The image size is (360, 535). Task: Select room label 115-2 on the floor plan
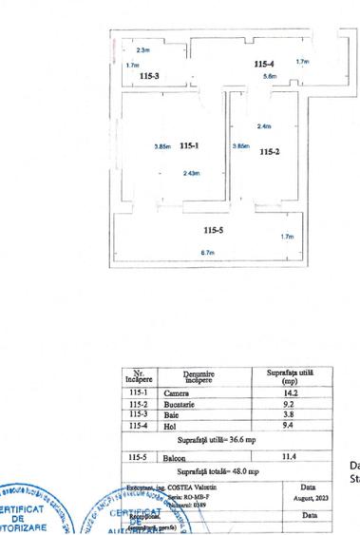[x=269, y=151]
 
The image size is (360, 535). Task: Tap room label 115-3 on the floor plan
[x=149, y=75]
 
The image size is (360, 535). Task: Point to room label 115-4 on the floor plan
[x=264, y=63]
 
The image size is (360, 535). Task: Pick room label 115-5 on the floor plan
[x=213, y=230]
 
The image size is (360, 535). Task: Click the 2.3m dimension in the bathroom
[x=142, y=49]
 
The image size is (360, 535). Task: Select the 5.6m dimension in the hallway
[x=271, y=76]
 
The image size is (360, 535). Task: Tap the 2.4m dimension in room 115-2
[x=264, y=126]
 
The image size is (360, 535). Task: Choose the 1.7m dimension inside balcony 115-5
[x=286, y=237]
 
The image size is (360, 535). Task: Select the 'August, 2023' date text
[x=314, y=497]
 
